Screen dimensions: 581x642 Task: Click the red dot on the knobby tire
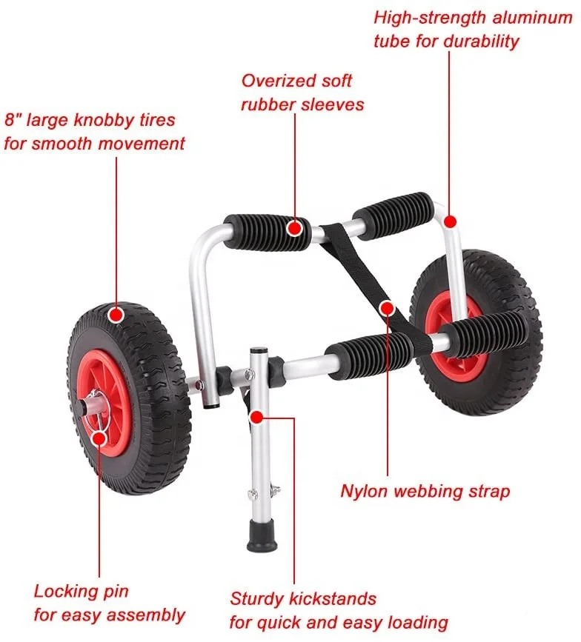(x=116, y=315)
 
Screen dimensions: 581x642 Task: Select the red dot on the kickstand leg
(x=256, y=417)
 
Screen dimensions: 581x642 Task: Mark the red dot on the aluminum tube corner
(x=449, y=221)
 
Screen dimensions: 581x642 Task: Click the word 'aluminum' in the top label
(x=533, y=17)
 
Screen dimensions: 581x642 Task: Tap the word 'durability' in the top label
(x=481, y=41)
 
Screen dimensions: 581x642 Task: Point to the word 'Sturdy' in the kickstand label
(x=256, y=598)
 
